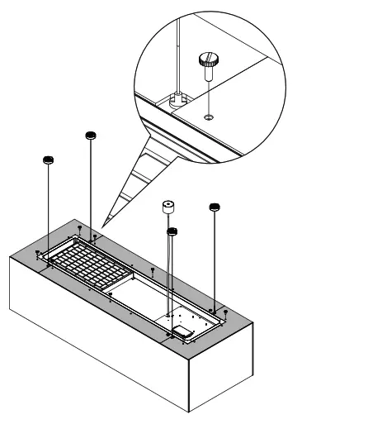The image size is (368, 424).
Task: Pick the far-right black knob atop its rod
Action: [215, 207]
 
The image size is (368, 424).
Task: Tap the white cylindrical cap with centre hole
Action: [169, 207]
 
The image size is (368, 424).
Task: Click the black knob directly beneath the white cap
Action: [172, 233]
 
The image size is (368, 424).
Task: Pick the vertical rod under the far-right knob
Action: [215, 256]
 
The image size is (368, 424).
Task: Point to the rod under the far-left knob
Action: [49, 207]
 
